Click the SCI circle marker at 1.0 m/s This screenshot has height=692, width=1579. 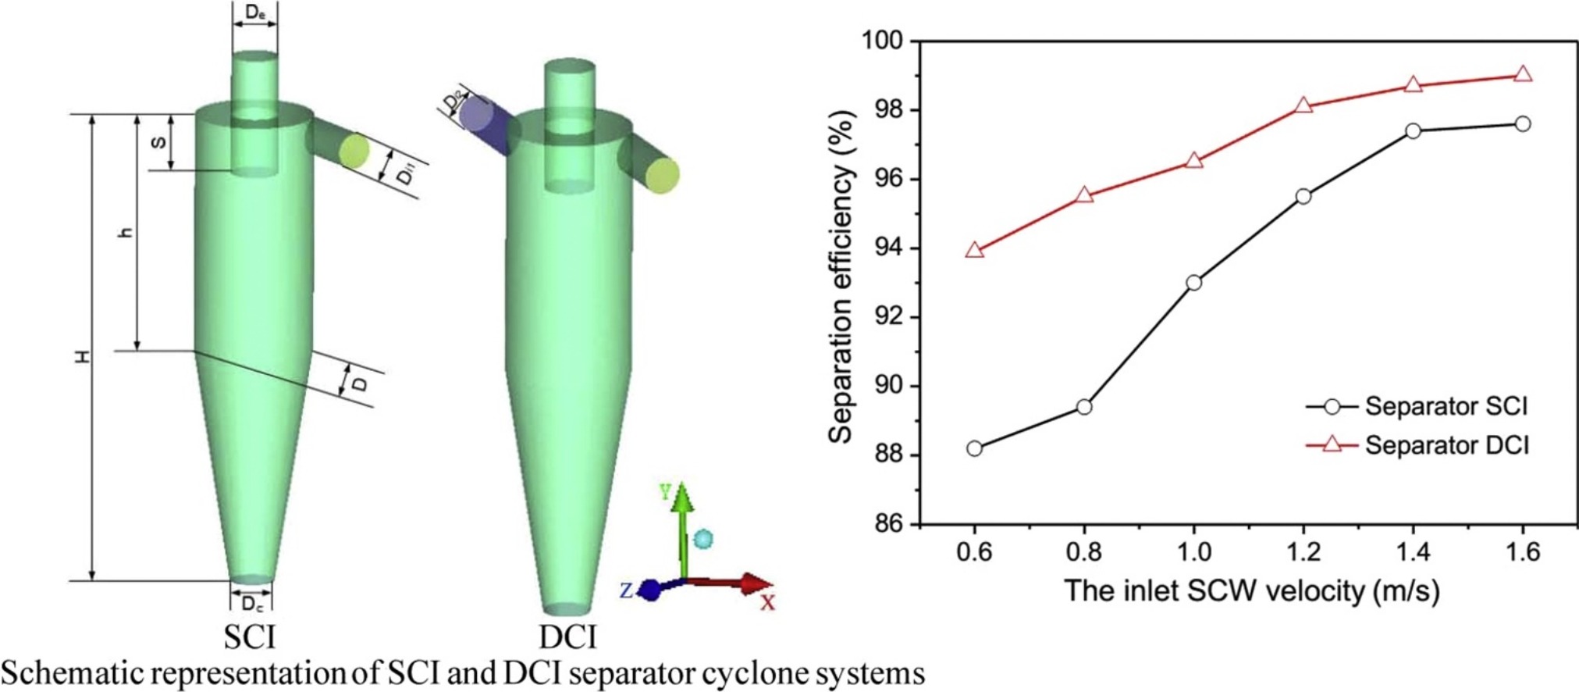click(x=1193, y=283)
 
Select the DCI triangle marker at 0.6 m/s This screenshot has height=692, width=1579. click(x=974, y=251)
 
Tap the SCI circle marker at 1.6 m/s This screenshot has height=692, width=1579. click(x=1522, y=124)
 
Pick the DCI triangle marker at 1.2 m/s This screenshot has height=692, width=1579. click(x=1303, y=105)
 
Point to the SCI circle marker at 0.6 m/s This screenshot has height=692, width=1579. click(x=974, y=448)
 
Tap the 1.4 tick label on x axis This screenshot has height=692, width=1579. click(x=1413, y=553)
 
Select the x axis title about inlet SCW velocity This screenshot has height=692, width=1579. click(x=1251, y=590)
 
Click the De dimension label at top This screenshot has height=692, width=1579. click(x=254, y=12)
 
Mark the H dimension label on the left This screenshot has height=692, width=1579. click(x=82, y=356)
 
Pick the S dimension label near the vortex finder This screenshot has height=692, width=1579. click(x=158, y=143)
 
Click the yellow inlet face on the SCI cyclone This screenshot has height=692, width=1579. click(x=354, y=151)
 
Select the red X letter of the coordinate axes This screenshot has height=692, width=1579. click(x=768, y=602)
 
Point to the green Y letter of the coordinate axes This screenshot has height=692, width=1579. click(x=665, y=491)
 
